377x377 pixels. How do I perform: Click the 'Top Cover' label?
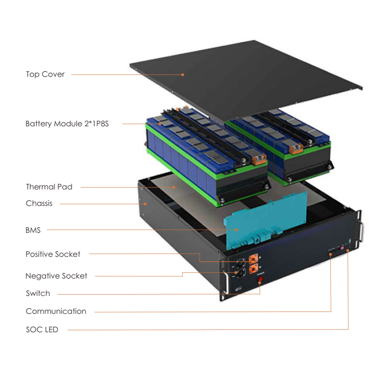(x=45, y=74)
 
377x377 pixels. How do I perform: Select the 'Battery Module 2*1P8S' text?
(x=67, y=124)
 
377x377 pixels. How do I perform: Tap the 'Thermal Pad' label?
(x=49, y=187)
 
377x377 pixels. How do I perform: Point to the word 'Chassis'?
(x=39, y=204)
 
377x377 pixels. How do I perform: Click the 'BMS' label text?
(x=33, y=230)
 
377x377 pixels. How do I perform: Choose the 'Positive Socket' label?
(x=53, y=254)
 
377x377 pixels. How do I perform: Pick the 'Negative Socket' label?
(x=56, y=276)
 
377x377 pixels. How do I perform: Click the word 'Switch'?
(x=38, y=294)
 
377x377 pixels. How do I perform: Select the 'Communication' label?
(x=56, y=311)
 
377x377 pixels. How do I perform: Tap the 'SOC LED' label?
(x=42, y=330)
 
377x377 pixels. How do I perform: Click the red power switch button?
(x=260, y=281)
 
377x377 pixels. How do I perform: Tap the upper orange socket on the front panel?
(x=254, y=258)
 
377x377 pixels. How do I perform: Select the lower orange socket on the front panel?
(x=254, y=269)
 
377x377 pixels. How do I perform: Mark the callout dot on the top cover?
(x=183, y=74)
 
